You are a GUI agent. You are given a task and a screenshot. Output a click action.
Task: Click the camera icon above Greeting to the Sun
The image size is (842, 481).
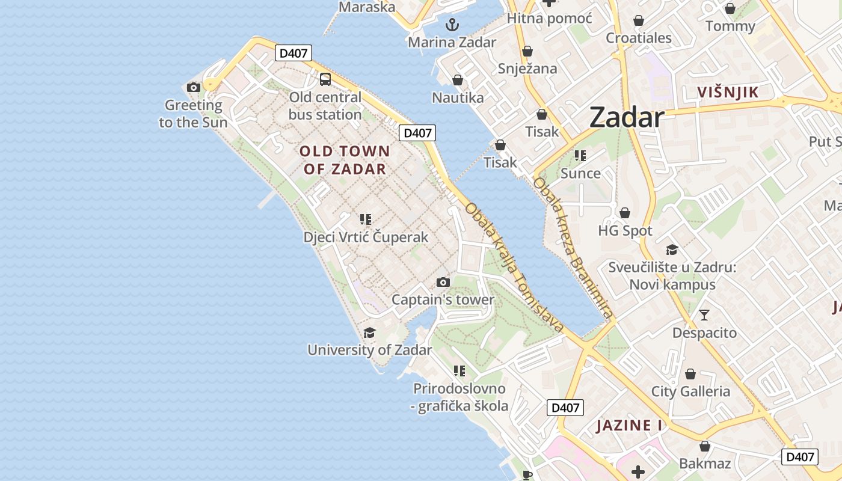pyautogui.click(x=194, y=87)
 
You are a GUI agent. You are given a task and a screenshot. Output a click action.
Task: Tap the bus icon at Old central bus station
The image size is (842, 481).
pyautogui.click(x=325, y=79)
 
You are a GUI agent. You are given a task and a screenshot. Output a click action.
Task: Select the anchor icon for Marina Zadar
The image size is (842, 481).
pyautogui.click(x=452, y=25)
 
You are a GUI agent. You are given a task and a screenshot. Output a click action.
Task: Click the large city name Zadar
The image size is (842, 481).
pyautogui.click(x=627, y=117)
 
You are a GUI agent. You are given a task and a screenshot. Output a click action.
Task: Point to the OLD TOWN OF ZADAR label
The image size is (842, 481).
pyautogui.click(x=345, y=160)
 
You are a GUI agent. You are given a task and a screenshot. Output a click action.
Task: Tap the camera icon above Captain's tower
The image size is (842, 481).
pyautogui.click(x=443, y=282)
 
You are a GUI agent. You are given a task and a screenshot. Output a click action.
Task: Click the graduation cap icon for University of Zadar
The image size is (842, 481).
pyautogui.click(x=369, y=332)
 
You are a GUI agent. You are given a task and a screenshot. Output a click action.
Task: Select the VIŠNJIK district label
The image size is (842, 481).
pyautogui.click(x=728, y=92)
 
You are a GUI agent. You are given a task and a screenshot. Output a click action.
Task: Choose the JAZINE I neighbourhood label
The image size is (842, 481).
pyautogui.click(x=629, y=426)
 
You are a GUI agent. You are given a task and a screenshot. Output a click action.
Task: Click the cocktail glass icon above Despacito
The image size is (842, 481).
pyautogui.click(x=704, y=314)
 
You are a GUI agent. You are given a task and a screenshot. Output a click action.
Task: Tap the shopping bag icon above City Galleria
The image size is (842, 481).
pyautogui.click(x=690, y=374)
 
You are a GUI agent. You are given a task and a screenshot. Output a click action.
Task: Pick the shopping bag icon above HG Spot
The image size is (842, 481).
pyautogui.click(x=625, y=213)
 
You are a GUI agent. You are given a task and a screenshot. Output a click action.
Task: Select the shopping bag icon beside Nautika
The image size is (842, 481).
pyautogui.click(x=458, y=80)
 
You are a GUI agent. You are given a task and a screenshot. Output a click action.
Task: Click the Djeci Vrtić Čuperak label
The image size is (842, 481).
pyautogui.click(x=366, y=237)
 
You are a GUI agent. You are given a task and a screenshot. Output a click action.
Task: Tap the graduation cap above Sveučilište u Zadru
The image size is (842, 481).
pyautogui.click(x=672, y=250)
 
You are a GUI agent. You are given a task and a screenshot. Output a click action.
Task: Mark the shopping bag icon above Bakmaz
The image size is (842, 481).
pyautogui.click(x=705, y=446)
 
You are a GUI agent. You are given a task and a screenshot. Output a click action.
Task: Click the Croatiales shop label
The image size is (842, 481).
pyautogui.click(x=639, y=38)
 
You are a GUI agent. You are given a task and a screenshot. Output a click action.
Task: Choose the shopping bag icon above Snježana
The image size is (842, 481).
pyautogui.click(x=527, y=51)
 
